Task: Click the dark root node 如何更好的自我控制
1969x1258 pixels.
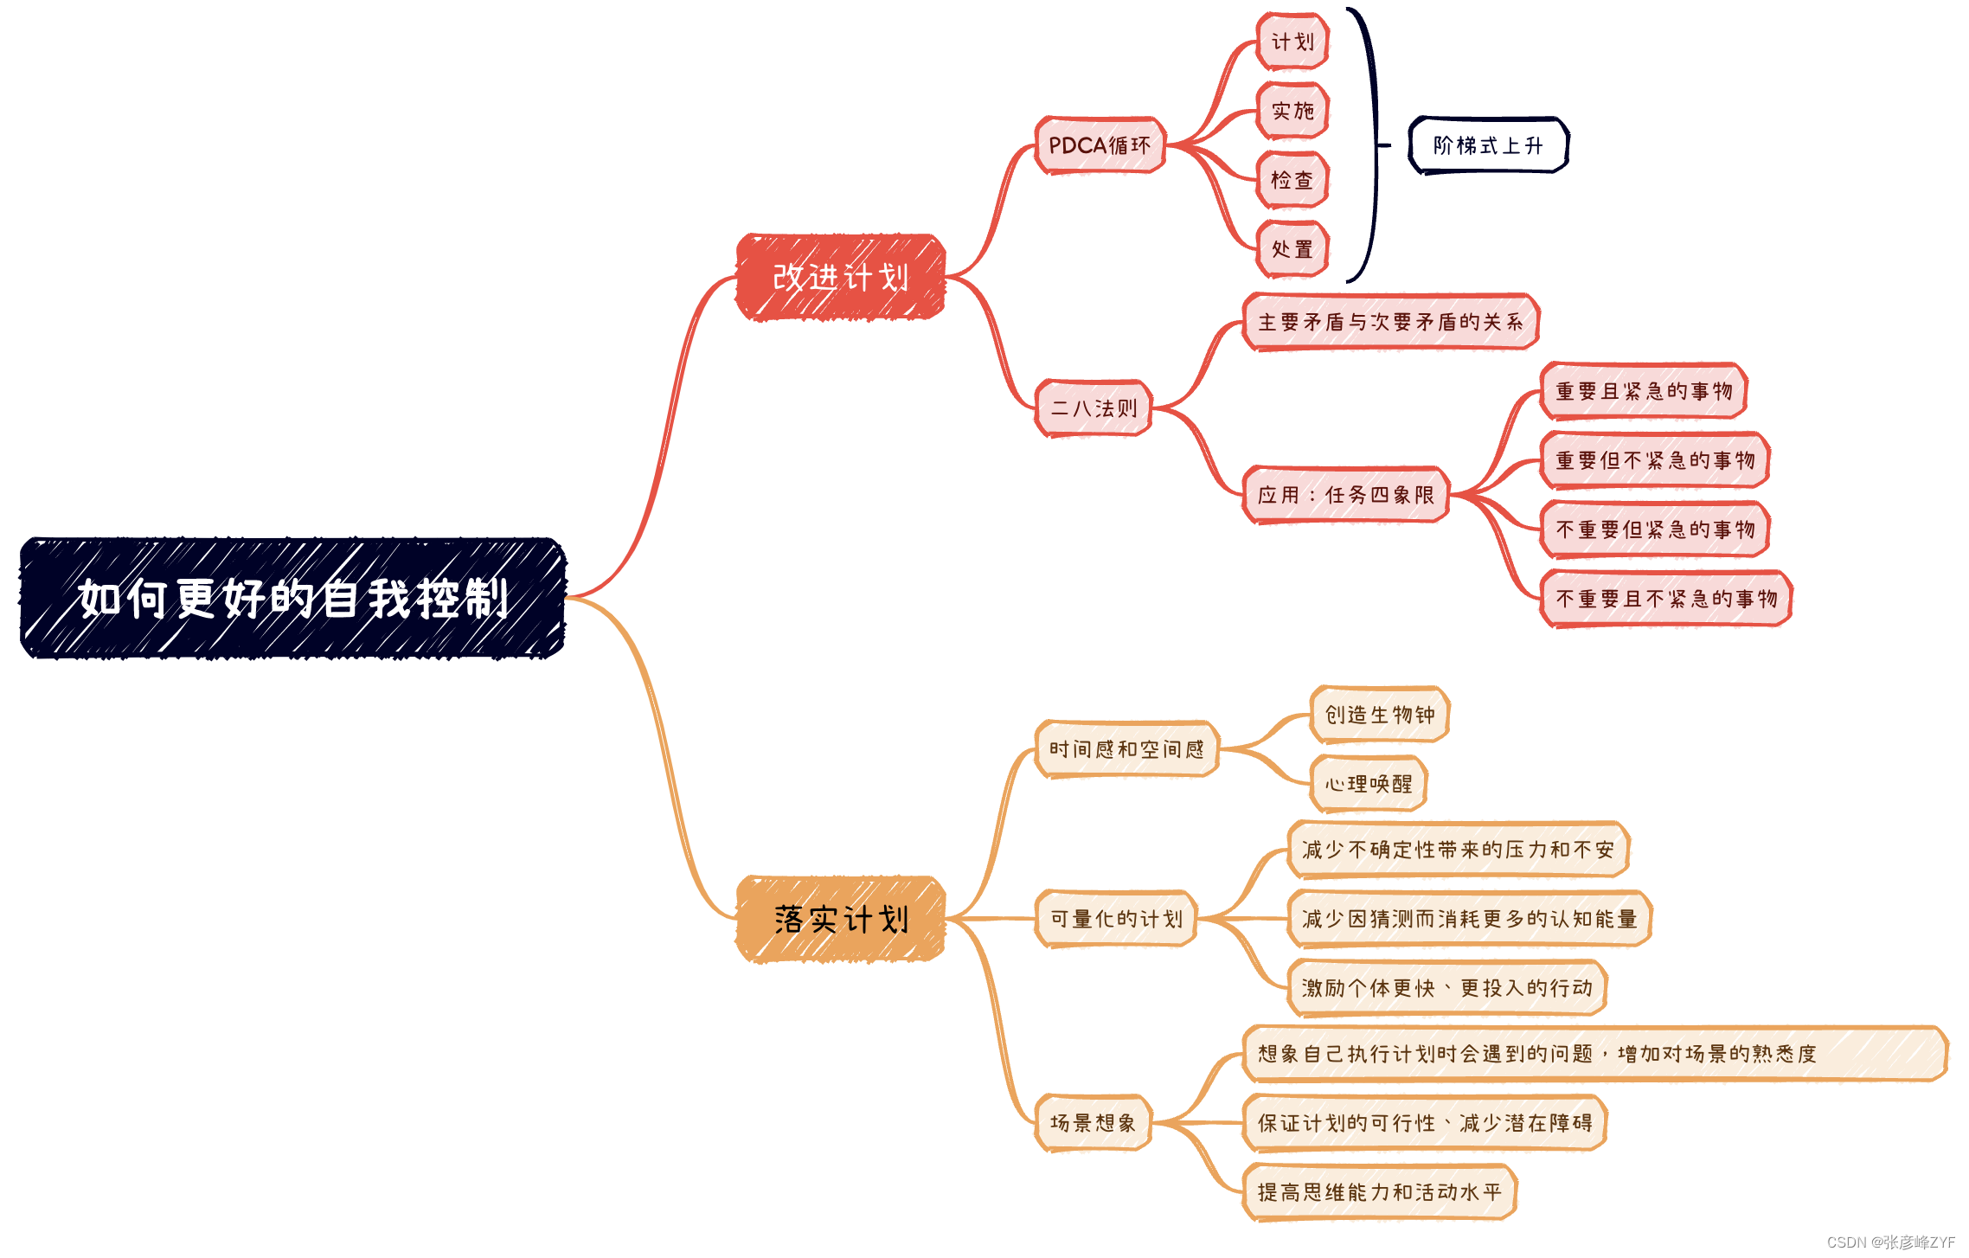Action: [x=292, y=598]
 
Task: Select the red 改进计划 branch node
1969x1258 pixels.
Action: [x=840, y=277]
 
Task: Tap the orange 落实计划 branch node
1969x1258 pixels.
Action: [x=840, y=919]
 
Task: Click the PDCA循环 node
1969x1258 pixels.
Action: [x=1100, y=145]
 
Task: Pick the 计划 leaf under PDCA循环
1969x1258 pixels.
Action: [x=1292, y=42]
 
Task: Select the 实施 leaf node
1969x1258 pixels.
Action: [x=1292, y=111]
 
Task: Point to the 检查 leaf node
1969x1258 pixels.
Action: [x=1292, y=180]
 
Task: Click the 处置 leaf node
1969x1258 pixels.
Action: [x=1292, y=249]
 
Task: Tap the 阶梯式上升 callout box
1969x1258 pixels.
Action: [x=1488, y=145]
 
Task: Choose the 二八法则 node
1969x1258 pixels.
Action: [x=1094, y=408]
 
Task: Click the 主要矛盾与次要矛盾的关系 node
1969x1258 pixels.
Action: [x=1390, y=322]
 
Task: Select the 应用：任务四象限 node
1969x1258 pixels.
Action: [x=1346, y=495]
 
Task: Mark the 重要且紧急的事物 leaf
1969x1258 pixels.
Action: [x=1644, y=391]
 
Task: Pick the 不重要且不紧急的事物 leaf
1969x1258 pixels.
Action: [x=1666, y=599]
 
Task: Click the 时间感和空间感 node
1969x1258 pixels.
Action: [x=1126, y=749]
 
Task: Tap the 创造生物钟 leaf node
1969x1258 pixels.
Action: [x=1380, y=715]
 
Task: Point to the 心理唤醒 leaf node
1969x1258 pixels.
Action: [x=1369, y=784]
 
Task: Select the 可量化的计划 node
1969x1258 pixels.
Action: [x=1116, y=919]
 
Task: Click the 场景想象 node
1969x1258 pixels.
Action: [x=1093, y=1123]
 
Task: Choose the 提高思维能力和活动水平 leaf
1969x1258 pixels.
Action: [x=1379, y=1192]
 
